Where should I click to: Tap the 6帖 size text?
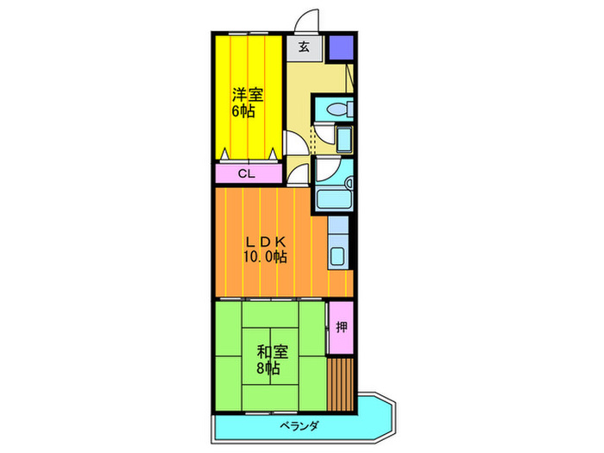click(x=242, y=111)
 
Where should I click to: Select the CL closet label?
click(x=247, y=173)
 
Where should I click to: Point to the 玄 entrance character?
click(x=305, y=48)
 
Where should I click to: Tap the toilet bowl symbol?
click(x=335, y=110)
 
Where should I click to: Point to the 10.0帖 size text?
click(x=265, y=257)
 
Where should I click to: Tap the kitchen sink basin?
click(x=338, y=255)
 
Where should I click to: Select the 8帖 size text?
click(x=267, y=368)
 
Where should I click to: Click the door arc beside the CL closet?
click(x=296, y=173)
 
